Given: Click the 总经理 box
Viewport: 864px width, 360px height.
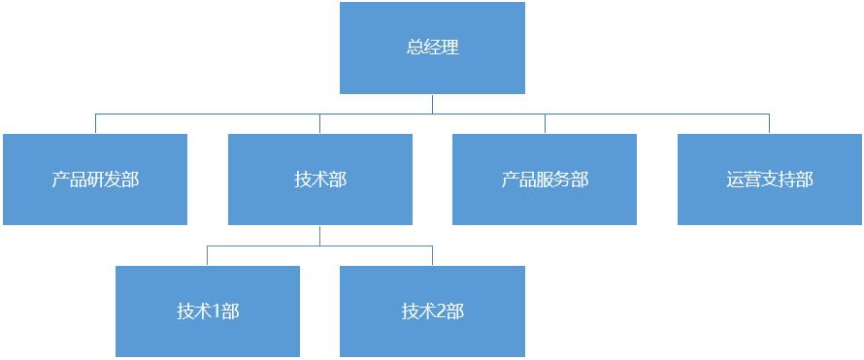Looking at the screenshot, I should click(x=432, y=48).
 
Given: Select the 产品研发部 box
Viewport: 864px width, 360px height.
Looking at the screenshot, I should click(x=95, y=180).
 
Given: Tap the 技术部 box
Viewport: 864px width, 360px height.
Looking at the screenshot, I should click(x=320, y=180).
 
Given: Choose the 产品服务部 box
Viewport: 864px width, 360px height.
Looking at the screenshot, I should click(x=545, y=180).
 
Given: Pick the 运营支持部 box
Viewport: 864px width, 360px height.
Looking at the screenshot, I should click(x=770, y=180).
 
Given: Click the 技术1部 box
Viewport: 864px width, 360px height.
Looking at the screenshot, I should click(x=208, y=311).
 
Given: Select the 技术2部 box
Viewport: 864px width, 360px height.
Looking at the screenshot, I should click(x=432, y=311).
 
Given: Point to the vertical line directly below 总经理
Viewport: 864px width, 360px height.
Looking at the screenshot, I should click(x=432, y=104).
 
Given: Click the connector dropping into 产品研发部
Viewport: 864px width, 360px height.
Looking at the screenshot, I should click(x=95, y=123).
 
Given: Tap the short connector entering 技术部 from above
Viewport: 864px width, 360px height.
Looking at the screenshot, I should click(x=320, y=123).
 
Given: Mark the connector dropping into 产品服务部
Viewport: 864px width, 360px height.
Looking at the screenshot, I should click(x=545, y=123).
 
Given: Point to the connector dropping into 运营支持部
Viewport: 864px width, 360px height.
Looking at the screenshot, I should click(x=770, y=123).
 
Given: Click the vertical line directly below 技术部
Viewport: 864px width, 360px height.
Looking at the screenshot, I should click(x=320, y=236).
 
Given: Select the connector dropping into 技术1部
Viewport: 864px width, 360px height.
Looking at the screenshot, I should click(x=208, y=256).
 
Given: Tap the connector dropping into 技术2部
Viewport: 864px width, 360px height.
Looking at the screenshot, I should click(x=432, y=256).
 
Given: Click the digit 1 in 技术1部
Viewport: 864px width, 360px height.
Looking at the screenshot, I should click(x=216, y=311).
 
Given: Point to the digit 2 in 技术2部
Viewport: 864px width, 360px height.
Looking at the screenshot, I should click(x=441, y=311).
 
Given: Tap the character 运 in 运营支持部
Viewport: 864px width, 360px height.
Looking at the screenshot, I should click(x=735, y=180).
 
